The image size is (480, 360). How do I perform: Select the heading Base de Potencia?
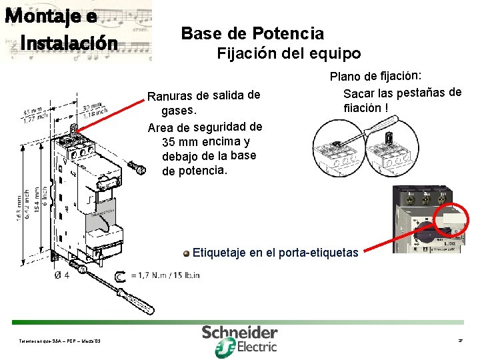pos(252,33)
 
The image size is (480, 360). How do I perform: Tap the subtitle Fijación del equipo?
pos(289,54)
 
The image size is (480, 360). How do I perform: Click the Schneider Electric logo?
pos(240,339)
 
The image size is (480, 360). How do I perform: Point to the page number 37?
pos(460,341)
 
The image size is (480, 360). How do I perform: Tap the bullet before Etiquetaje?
pos(187,253)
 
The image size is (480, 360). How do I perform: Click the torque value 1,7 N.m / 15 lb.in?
pos(165,275)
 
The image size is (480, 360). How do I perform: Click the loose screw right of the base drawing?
pos(137,168)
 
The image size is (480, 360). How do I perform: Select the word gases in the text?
pos(180,110)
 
